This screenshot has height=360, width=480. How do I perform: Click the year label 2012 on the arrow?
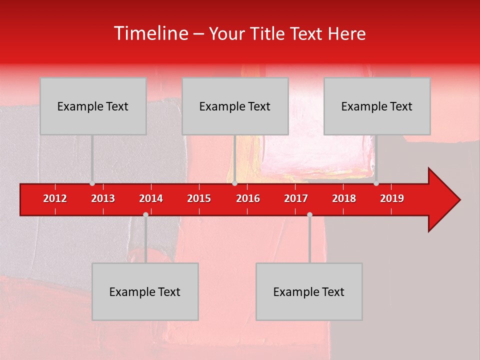point(55,198)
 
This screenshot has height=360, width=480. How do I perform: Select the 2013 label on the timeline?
point(103,198)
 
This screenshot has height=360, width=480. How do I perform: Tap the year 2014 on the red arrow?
point(151,198)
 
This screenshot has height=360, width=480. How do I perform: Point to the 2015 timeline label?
point(199,198)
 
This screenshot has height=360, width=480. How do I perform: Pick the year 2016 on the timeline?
point(248,198)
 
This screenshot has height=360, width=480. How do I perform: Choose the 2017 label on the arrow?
point(296,198)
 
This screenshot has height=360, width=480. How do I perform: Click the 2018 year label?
point(344,198)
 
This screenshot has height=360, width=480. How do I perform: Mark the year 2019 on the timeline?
point(392,198)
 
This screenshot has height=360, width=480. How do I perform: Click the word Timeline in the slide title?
point(150,33)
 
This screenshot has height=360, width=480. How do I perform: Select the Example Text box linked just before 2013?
point(93,106)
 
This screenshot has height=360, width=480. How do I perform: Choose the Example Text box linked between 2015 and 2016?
point(235,106)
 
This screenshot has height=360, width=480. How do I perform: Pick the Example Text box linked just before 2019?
point(377,106)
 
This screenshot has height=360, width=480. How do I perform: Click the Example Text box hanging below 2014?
point(145,291)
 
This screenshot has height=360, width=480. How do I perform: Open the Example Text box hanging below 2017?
point(309,291)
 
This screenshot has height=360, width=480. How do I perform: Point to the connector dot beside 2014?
point(145,214)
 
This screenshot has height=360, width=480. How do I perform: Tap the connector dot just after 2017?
point(309,214)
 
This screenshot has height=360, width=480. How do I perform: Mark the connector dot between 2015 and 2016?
point(234,183)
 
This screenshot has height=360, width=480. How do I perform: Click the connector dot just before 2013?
point(92,183)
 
